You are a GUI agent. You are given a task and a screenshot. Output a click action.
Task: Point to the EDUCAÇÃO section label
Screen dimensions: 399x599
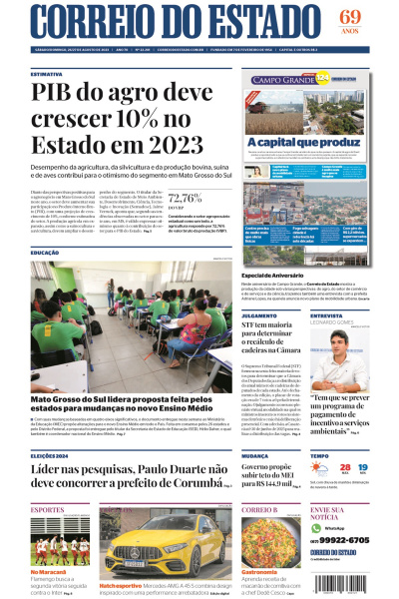point(45,253)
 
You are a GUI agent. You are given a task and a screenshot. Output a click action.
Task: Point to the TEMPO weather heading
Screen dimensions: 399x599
point(319,455)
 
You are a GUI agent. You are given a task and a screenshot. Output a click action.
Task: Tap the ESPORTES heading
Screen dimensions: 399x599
point(47,509)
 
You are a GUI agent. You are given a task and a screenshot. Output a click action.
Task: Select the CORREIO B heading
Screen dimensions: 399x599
point(258,509)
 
